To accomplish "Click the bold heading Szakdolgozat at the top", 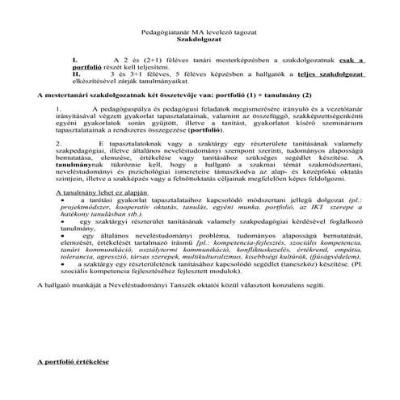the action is point(200,37).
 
